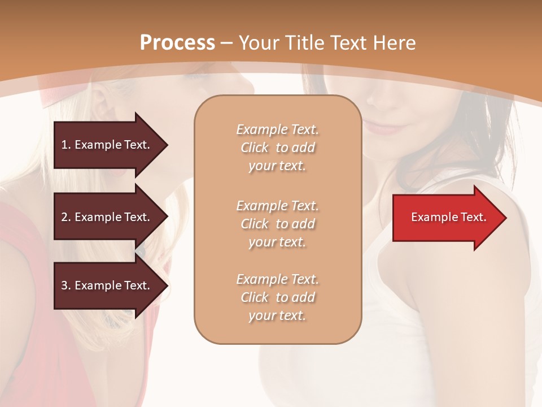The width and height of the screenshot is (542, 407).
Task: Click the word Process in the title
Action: click(177, 43)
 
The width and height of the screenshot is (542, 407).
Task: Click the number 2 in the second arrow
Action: click(64, 217)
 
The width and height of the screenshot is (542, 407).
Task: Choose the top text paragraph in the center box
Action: click(277, 148)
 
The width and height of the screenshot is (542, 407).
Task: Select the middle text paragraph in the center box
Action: click(277, 224)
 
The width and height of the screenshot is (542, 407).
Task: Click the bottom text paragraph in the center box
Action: click(277, 297)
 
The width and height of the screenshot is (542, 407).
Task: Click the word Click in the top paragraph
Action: click(255, 148)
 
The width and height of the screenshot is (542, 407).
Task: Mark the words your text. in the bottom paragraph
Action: click(277, 316)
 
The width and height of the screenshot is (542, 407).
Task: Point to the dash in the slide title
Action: click(227, 44)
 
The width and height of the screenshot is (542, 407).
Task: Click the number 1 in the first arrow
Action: click(64, 145)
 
